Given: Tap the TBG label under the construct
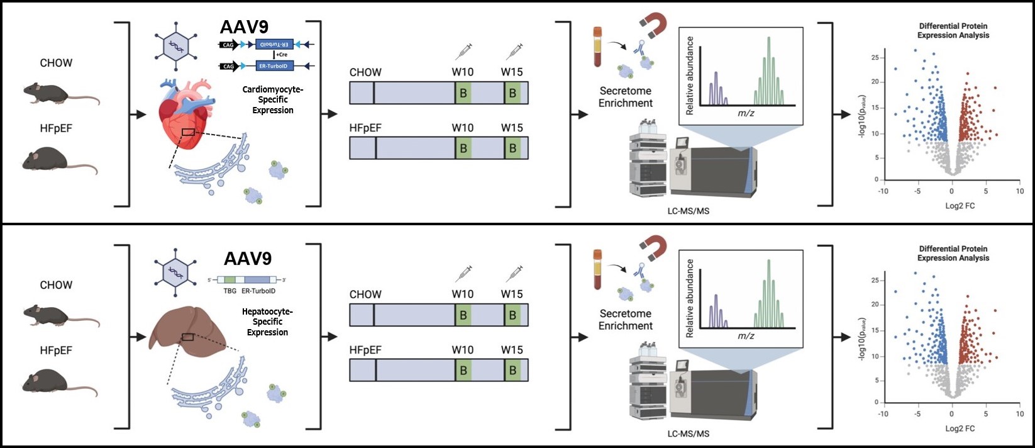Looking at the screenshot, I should (x=230, y=291).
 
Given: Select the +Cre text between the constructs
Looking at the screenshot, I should (x=282, y=55).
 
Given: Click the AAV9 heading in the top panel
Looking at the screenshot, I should (x=244, y=27).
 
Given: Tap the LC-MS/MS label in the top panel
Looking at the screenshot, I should (x=688, y=211).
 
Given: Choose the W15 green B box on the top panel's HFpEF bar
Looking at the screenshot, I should (x=512, y=148).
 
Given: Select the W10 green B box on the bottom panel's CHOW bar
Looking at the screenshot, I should (x=463, y=315).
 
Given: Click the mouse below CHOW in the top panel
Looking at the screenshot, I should (x=60, y=94).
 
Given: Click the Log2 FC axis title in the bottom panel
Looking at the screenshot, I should (x=960, y=428).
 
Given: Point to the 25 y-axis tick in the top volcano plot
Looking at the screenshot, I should (x=875, y=58).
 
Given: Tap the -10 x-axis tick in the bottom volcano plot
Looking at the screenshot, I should (x=883, y=413).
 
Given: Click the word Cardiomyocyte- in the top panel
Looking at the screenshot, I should (x=273, y=89).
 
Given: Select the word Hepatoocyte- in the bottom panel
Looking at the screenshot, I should (x=267, y=311).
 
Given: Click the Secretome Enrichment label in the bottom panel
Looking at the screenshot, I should (x=626, y=320).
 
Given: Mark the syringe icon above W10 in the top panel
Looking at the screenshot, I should (x=464, y=50).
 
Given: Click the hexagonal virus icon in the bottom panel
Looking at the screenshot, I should (x=175, y=272).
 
